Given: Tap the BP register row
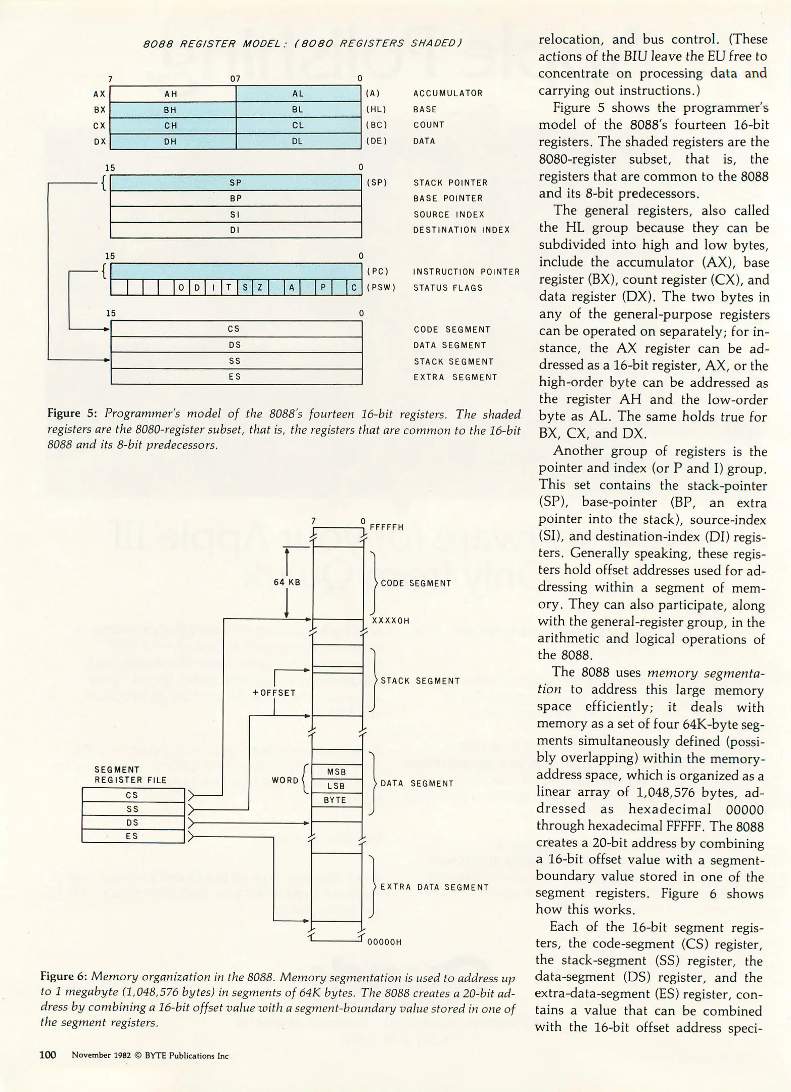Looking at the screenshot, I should [236, 199].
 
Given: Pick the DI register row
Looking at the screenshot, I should [236, 231].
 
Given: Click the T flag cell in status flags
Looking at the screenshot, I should [228, 288].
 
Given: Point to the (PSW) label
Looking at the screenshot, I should [381, 288].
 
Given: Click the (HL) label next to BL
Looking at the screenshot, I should [376, 110].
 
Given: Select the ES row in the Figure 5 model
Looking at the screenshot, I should [236, 377].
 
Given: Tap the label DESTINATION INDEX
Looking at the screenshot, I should [461, 230].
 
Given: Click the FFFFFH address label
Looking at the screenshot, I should [387, 527].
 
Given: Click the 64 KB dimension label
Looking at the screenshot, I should [287, 582].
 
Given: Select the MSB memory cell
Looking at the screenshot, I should [337, 772].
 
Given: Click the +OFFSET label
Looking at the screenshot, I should [274, 693].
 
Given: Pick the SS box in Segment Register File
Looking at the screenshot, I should [133, 809].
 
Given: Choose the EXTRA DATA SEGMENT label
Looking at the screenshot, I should [434, 887].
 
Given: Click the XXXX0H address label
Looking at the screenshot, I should [390, 621].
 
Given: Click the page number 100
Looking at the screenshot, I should [48, 1055].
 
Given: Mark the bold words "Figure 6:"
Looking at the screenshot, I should [64, 977].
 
